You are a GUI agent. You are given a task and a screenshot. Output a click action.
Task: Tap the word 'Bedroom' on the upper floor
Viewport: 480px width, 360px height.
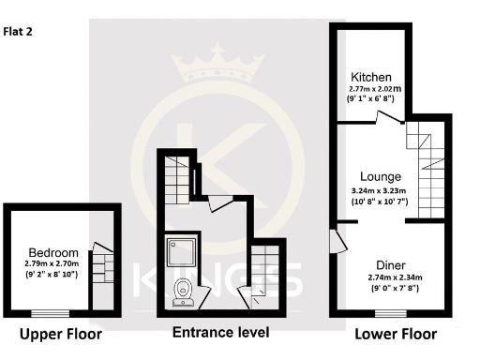52,253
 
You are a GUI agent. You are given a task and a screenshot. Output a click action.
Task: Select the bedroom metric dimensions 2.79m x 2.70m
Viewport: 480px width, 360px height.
52,264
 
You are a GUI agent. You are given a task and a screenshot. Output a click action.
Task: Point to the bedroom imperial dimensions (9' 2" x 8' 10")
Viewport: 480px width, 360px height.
52,277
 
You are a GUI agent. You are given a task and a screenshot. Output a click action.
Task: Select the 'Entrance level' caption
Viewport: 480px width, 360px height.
220,333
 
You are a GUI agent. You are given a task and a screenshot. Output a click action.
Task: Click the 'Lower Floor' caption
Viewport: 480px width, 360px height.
395,334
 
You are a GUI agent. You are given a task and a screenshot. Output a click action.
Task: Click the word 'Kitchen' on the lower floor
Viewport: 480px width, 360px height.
371,77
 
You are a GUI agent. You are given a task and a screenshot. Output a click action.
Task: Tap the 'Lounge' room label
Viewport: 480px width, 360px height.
381,176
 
